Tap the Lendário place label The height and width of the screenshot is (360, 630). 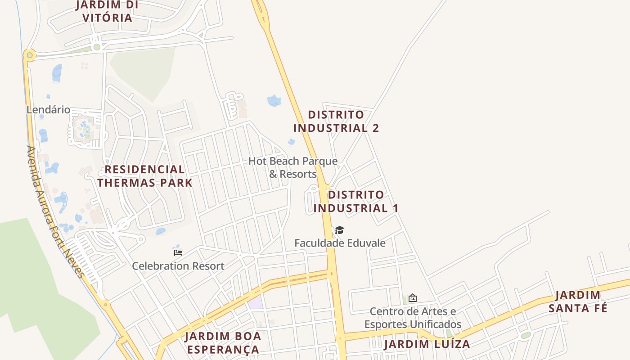point(48,109)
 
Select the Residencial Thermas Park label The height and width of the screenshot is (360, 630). point(145,176)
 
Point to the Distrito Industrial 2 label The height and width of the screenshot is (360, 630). point(336,121)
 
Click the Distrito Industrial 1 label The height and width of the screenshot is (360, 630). point(356,201)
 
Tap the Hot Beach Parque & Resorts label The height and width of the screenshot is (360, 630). point(293,167)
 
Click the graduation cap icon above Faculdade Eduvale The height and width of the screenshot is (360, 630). point(339,230)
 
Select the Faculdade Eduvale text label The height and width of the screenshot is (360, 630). point(340,243)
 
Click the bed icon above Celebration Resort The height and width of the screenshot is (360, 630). point(178,252)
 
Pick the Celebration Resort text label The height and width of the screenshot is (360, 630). point(178,266)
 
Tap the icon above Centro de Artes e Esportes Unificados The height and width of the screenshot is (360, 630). point(412,298)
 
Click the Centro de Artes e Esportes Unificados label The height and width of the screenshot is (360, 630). point(413,318)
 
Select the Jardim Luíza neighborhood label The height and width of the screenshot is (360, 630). point(427,344)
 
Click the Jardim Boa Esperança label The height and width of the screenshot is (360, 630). point(223,343)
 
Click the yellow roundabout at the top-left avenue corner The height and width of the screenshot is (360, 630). point(30,55)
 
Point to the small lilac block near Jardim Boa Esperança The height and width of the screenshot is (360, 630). point(255,303)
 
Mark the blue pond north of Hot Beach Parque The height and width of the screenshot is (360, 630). point(274,100)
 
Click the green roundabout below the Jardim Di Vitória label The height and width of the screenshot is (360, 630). point(96,47)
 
